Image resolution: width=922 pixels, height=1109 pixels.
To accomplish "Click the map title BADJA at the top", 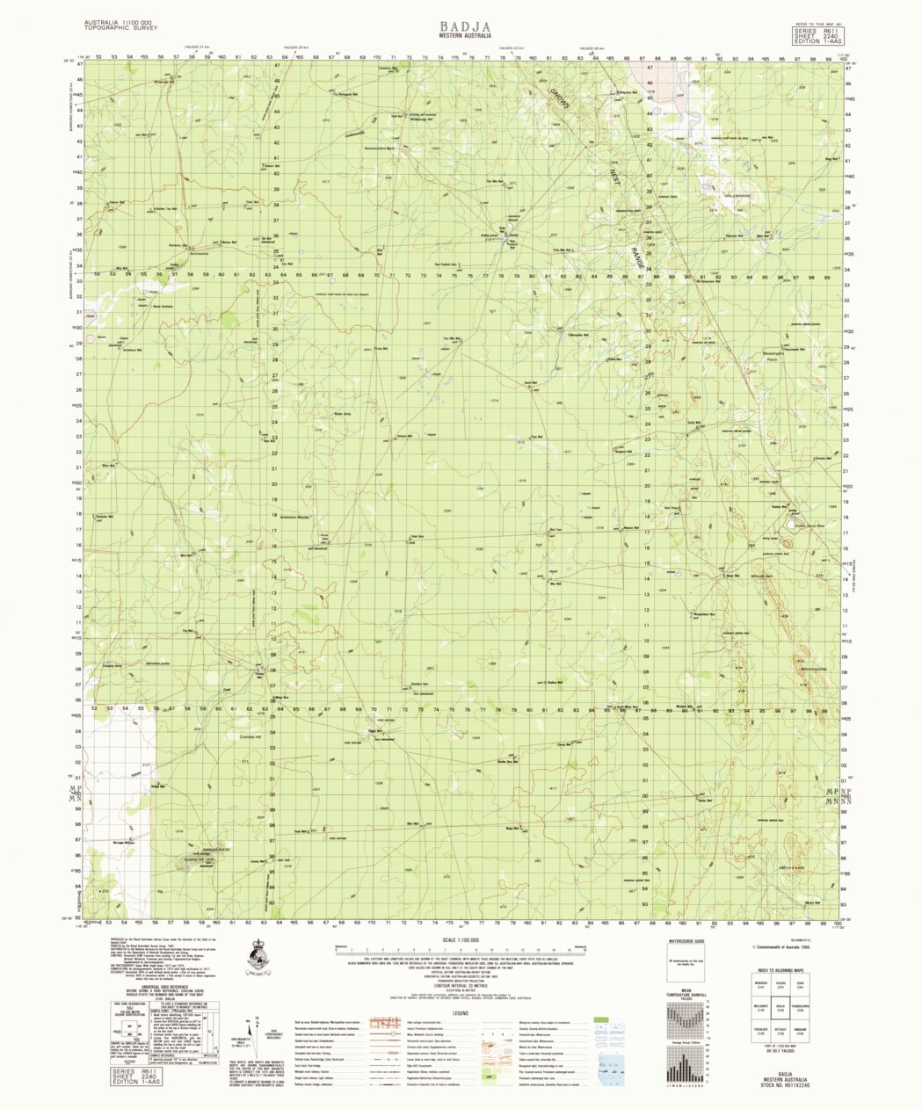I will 461,26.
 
